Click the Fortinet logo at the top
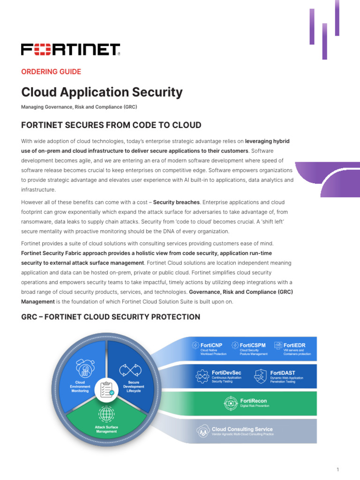(x=70, y=49)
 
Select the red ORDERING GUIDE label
(x=51, y=72)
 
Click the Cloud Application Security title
(x=102, y=92)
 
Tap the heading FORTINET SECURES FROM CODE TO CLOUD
(x=111, y=125)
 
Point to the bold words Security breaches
(x=177, y=202)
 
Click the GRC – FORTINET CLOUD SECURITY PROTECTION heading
(x=111, y=317)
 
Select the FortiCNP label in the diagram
(x=211, y=345)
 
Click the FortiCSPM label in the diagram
(x=253, y=345)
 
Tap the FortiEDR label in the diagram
(x=295, y=345)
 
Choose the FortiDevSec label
(x=226, y=372)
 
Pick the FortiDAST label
(x=282, y=372)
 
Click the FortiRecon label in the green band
(x=254, y=401)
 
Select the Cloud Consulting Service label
(x=242, y=429)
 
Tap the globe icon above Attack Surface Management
(x=106, y=414)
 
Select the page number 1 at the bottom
(x=337, y=469)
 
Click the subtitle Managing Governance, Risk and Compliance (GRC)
(x=79, y=107)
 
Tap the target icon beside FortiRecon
(x=231, y=403)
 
